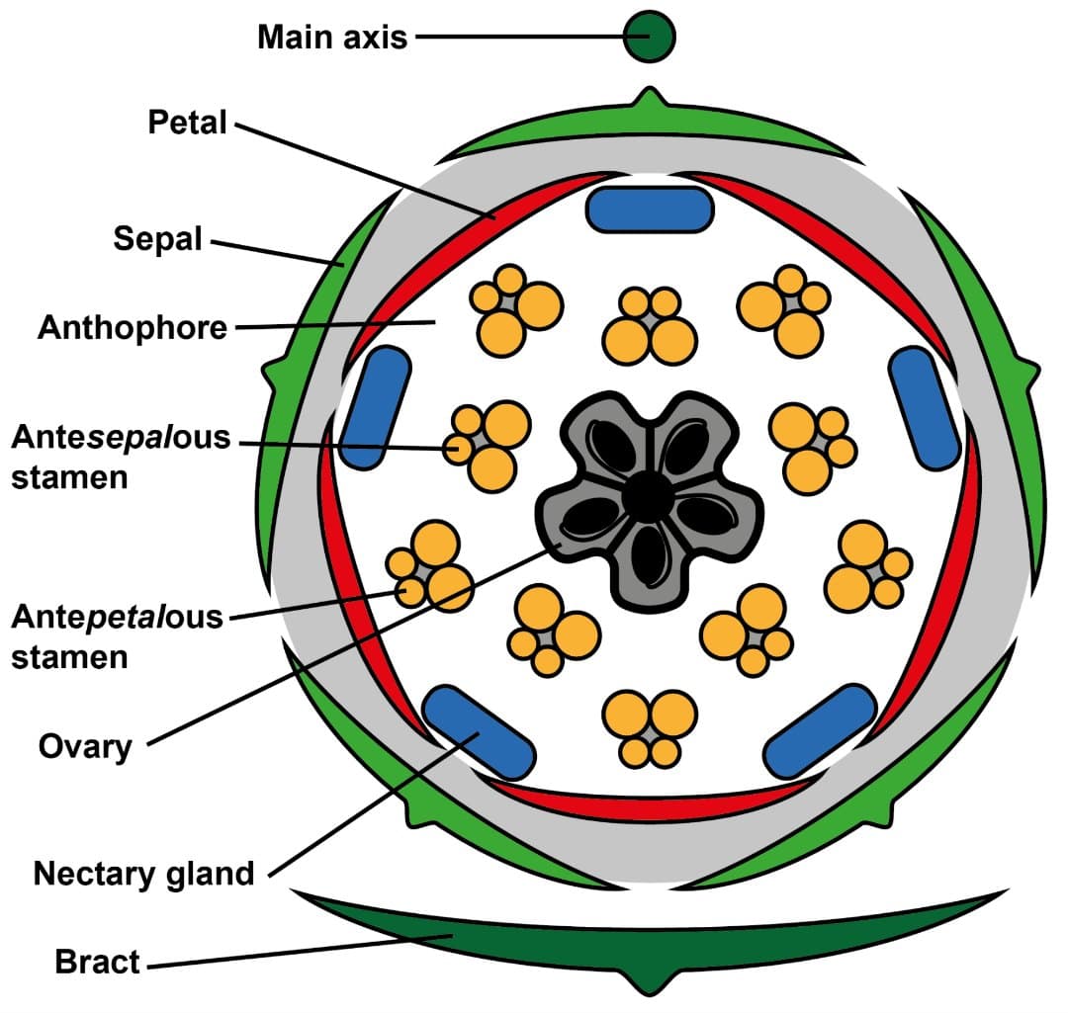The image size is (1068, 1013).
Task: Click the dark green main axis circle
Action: [649, 37]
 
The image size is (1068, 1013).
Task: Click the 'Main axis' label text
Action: [332, 38]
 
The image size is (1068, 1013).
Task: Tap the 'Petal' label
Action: [187, 124]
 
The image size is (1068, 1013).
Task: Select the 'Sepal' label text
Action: [157, 239]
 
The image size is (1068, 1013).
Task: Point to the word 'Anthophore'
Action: [133, 327]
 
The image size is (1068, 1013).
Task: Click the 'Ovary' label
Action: [85, 746]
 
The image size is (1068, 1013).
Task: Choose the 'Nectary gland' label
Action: [143, 874]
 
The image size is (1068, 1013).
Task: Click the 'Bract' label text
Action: [98, 962]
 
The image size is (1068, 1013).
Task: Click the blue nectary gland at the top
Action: [649, 210]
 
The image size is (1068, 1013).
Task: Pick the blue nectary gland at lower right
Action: [820, 730]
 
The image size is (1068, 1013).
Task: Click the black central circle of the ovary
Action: [647, 497]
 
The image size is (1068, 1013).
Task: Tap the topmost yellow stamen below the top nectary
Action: [650, 326]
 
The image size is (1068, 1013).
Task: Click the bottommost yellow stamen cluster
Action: [650, 728]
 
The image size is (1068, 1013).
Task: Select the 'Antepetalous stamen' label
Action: [118, 636]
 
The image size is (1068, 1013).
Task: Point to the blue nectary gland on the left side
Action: [376, 406]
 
